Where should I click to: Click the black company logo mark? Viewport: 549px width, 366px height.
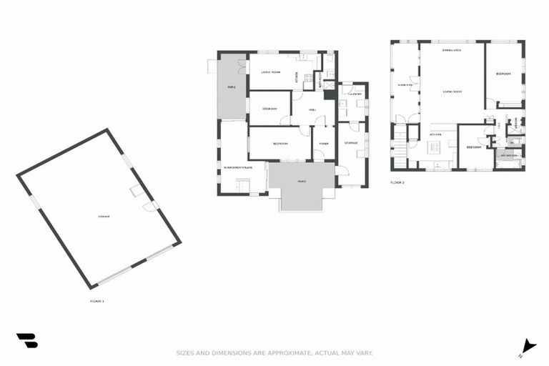(27, 341)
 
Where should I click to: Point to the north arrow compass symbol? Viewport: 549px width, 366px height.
(528, 347)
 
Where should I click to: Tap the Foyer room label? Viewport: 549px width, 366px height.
(324, 144)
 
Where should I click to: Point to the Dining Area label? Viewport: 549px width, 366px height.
(452, 50)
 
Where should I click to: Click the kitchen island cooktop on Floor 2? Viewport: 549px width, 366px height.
(433, 147)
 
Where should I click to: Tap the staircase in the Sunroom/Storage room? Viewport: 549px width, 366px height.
(244, 187)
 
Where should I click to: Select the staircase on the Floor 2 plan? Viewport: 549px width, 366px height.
(399, 149)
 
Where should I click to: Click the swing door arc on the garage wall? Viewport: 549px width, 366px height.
(149, 205)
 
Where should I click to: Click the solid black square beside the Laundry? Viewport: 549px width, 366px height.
(330, 94)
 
